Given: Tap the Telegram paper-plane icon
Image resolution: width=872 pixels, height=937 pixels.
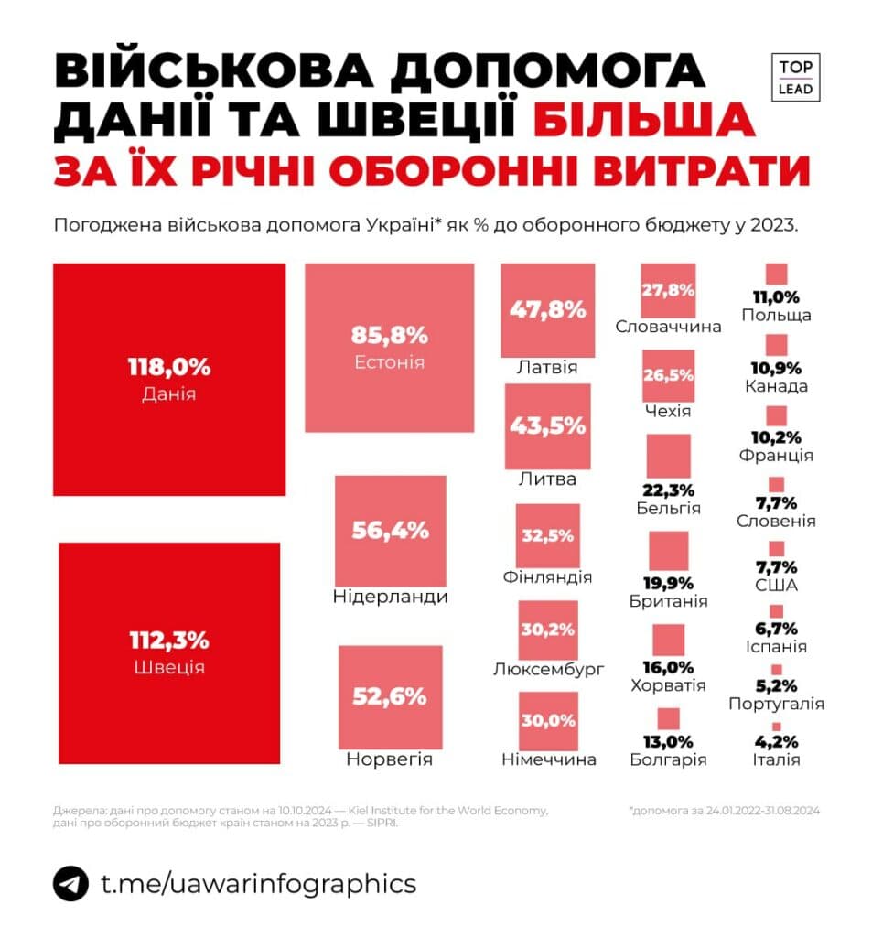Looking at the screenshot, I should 70,884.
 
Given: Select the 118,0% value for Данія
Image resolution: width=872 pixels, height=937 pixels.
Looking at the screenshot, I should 168,368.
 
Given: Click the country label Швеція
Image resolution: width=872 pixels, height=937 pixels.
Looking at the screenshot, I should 168,667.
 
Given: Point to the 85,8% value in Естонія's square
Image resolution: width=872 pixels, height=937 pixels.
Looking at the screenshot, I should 389,334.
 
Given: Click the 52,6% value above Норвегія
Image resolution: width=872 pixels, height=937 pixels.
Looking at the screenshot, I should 390,696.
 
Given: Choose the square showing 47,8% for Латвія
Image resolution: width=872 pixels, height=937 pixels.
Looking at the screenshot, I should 548,310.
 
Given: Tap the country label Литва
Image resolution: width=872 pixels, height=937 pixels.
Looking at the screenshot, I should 547,479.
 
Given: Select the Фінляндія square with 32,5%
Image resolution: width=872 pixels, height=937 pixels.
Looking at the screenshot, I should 547,535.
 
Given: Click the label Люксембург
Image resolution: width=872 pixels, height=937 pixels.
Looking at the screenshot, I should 548,669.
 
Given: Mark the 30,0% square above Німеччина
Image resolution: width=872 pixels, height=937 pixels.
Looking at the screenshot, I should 548,721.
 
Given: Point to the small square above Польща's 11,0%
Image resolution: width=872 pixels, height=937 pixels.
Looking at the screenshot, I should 777,274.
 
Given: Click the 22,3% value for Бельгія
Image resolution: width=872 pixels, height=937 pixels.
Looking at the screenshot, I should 668,490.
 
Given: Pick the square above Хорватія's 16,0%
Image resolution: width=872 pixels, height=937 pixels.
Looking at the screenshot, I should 668,640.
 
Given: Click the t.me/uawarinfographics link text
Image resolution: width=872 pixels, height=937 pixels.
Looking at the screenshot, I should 259,884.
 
